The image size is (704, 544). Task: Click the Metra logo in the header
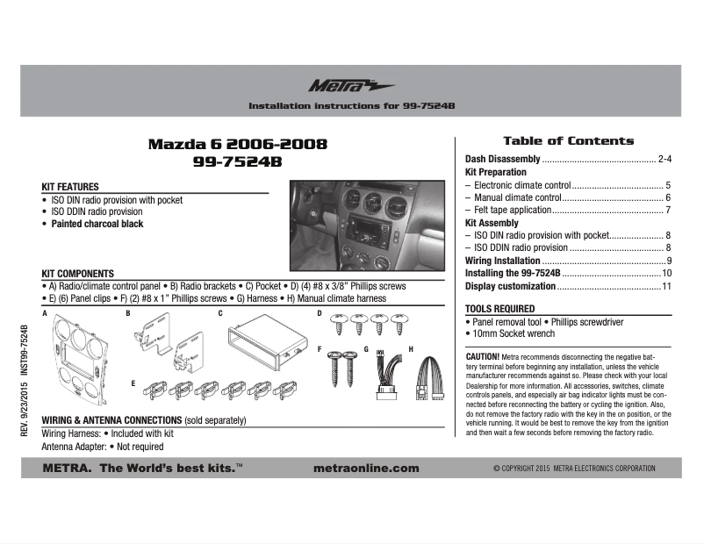pyautogui.click(x=351, y=85)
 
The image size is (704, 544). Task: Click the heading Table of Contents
pyautogui.click(x=568, y=140)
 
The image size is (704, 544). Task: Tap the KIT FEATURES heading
pyautogui.click(x=70, y=187)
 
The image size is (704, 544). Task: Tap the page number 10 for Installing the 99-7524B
pyautogui.click(x=666, y=274)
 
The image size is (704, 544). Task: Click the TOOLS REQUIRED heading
pyautogui.click(x=499, y=309)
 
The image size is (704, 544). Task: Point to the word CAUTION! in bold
pyautogui.click(x=483, y=357)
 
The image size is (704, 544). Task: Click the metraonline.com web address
pyautogui.click(x=365, y=469)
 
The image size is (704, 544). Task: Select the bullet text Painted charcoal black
pyautogui.click(x=97, y=224)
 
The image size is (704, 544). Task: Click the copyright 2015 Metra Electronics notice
pyautogui.click(x=574, y=469)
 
